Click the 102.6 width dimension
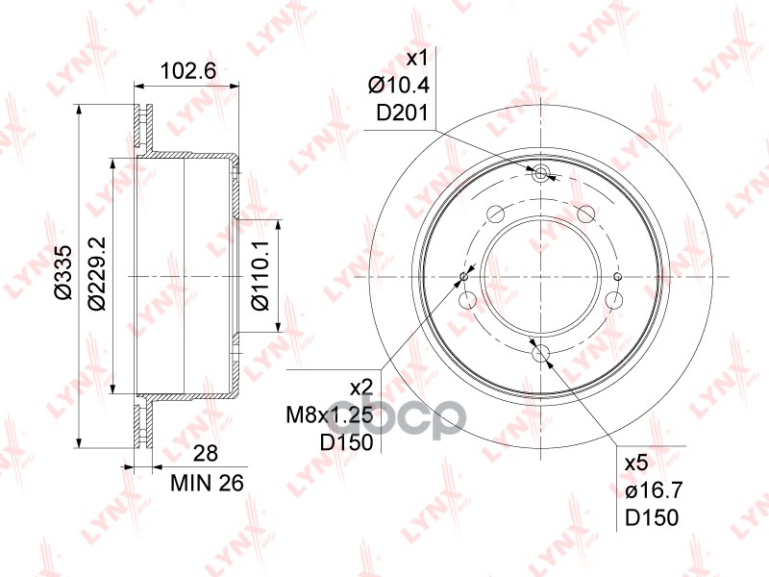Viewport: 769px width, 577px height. coord(188,71)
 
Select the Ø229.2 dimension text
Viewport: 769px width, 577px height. coord(97,273)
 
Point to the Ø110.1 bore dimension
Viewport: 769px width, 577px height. coord(260,275)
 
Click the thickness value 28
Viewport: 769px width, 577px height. coord(205,454)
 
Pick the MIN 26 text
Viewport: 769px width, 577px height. coord(207,484)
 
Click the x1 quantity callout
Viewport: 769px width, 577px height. coord(417,60)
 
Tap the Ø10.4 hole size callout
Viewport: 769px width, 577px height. coord(399,86)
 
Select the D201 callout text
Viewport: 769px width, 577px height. coord(402,113)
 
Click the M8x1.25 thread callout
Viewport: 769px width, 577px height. coord(330,416)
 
